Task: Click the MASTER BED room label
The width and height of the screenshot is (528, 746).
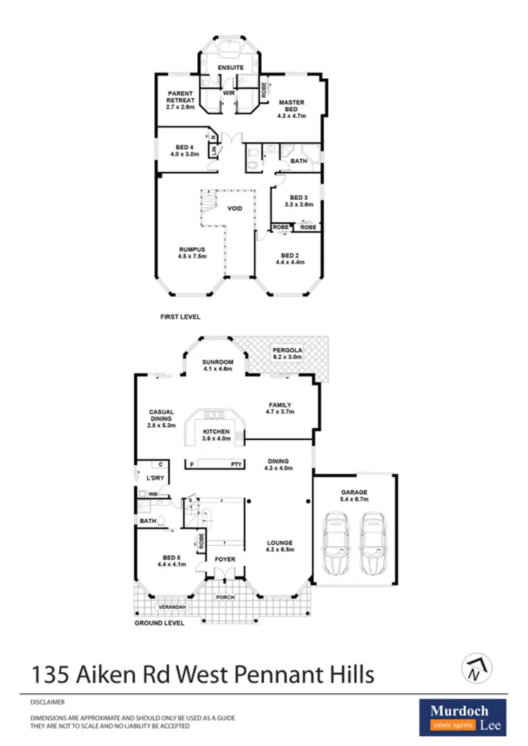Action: point(291,106)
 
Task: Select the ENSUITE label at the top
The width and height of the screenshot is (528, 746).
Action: point(230,68)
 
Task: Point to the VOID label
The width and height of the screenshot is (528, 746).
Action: point(234,208)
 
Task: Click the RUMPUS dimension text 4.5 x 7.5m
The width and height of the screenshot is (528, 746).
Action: point(191,256)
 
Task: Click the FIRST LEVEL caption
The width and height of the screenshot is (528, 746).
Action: point(180,317)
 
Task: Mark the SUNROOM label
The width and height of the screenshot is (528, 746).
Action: point(218,362)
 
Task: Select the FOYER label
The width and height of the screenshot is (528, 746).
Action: point(225,559)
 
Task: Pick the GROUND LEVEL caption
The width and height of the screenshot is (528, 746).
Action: point(159,623)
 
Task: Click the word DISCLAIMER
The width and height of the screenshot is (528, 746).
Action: point(47,702)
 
